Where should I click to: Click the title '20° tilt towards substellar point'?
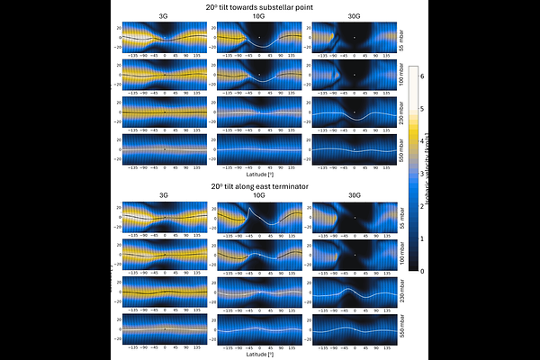258,6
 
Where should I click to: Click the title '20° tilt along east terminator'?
258,186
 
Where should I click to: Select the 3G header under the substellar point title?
164,16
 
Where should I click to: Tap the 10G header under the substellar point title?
258,16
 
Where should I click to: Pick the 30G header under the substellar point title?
354,16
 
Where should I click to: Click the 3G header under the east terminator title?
164,194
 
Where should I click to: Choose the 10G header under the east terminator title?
258,194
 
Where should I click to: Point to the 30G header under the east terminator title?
354,194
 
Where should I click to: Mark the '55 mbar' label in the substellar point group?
400,39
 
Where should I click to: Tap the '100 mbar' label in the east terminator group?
400,256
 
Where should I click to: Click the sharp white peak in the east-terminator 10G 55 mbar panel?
249,210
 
